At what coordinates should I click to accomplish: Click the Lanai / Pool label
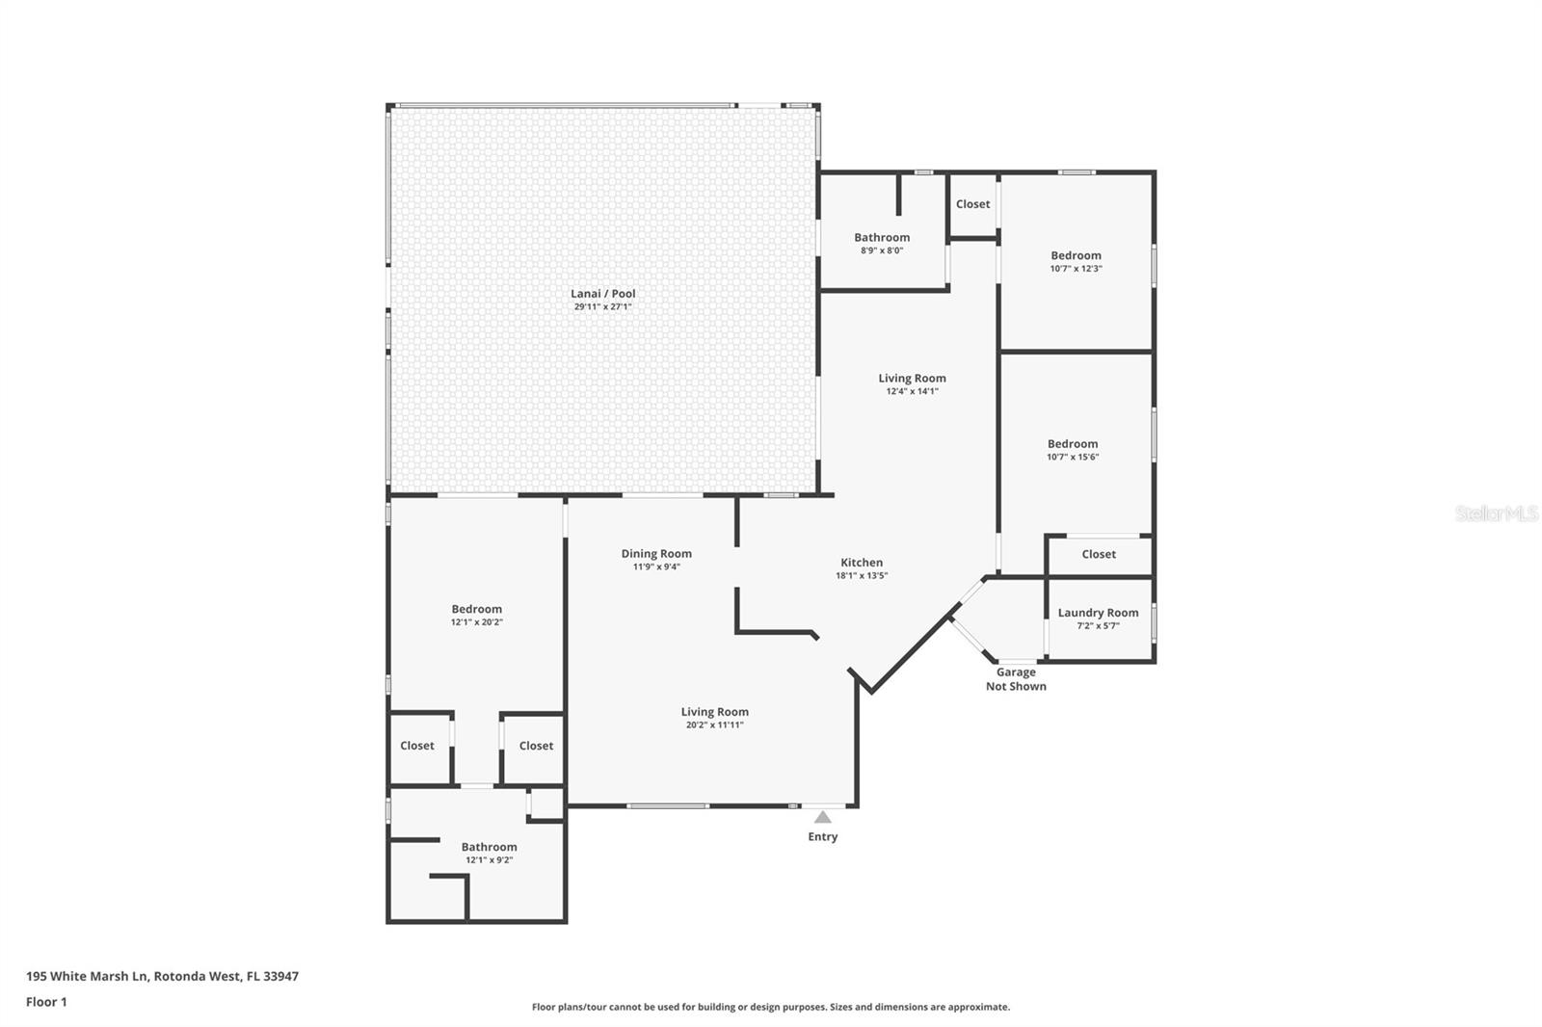click(x=603, y=293)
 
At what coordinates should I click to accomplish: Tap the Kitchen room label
click(x=862, y=563)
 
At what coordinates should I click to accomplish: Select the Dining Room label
click(x=656, y=553)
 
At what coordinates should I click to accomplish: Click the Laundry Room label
click(x=1098, y=613)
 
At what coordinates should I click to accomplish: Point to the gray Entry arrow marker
click(x=823, y=817)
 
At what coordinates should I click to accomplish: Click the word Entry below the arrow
click(x=823, y=836)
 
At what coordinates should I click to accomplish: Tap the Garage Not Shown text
click(x=1016, y=678)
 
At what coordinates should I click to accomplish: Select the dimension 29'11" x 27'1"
click(x=603, y=307)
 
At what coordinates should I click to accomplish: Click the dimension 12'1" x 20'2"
click(x=476, y=622)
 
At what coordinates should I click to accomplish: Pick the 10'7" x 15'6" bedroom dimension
click(x=1073, y=457)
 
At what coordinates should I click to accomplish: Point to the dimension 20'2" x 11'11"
click(x=714, y=724)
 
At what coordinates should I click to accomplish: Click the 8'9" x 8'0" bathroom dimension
click(x=882, y=250)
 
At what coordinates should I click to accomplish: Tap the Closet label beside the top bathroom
click(x=972, y=203)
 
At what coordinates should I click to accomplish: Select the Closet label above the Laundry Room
click(x=1099, y=554)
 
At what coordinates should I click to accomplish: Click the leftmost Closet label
click(x=417, y=746)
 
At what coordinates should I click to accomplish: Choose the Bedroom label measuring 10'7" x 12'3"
click(x=1076, y=255)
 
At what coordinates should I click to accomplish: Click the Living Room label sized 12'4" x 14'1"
click(x=912, y=378)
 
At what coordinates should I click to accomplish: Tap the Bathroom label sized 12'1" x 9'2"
click(x=489, y=847)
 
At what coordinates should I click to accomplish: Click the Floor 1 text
click(x=46, y=1002)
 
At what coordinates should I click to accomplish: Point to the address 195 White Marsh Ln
click(x=87, y=976)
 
